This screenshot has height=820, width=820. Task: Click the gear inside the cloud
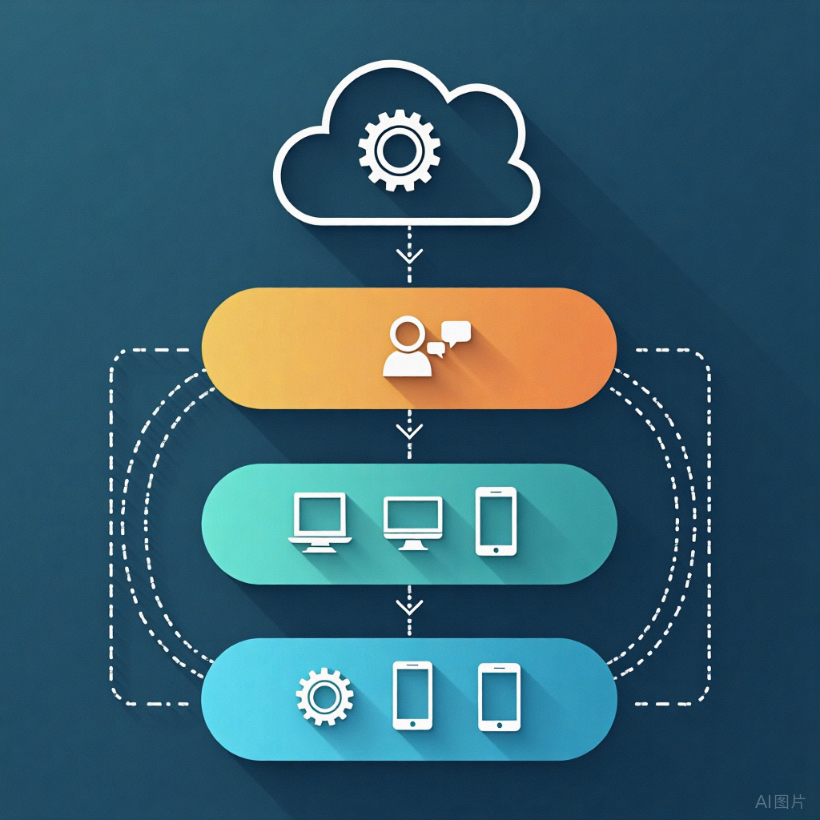(x=399, y=150)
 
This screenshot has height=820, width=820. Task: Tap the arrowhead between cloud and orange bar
(x=409, y=256)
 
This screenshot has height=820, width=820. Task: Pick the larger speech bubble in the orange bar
(x=456, y=331)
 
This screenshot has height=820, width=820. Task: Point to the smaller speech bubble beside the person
(x=436, y=348)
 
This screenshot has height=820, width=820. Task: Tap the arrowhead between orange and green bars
(x=409, y=432)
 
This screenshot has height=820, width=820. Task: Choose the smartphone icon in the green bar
(x=496, y=521)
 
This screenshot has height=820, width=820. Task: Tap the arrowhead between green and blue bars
(x=409, y=606)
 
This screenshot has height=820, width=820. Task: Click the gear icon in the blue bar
(x=324, y=697)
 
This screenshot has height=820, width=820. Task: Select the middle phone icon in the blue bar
(x=412, y=695)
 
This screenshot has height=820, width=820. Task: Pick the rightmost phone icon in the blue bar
(x=499, y=697)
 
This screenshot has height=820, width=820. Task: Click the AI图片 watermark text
(x=781, y=801)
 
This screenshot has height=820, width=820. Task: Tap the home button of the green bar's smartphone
(x=496, y=549)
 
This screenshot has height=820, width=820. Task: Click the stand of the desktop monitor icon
(x=412, y=545)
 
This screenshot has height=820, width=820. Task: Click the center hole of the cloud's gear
(x=399, y=150)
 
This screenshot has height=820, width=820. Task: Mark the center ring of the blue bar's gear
(x=324, y=697)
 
